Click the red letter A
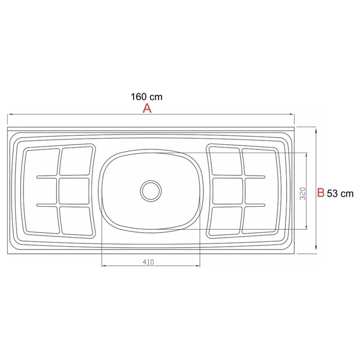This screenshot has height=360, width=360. pyautogui.click(x=147, y=108)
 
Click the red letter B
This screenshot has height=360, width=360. pyautogui.click(x=321, y=193)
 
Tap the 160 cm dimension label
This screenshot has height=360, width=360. pyautogui.click(x=146, y=97)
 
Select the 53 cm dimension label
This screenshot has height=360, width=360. pyautogui.click(x=340, y=194)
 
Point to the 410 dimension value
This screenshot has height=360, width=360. pyautogui.click(x=148, y=262)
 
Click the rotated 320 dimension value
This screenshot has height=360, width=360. pyautogui.click(x=302, y=193)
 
